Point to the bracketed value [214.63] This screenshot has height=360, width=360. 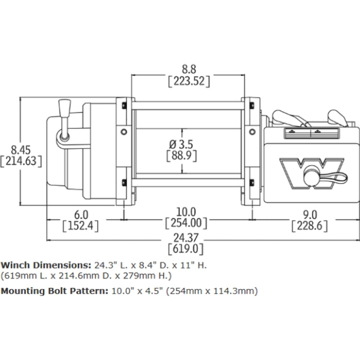tap(21, 160)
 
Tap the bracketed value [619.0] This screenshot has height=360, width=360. tap(186, 249)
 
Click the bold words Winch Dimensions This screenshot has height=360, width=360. tap(46, 265)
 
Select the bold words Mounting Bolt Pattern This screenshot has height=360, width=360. tap(53, 291)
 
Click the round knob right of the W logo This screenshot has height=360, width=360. tap(312, 178)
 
